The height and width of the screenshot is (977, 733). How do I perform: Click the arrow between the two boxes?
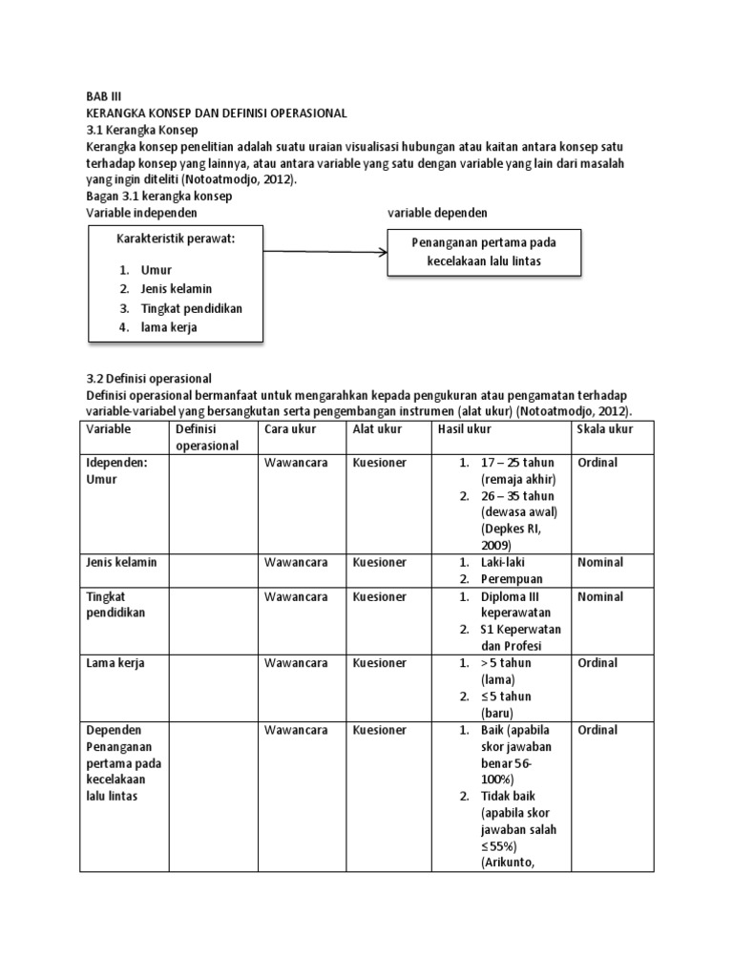(x=325, y=253)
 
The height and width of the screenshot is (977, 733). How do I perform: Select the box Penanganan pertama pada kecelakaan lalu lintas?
(x=483, y=252)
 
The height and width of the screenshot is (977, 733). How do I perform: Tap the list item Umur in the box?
(x=156, y=270)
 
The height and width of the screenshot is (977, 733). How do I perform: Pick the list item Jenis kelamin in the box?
(x=176, y=289)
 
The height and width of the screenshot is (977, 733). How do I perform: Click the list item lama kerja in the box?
(x=169, y=327)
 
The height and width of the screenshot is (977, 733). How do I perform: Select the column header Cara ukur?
(x=290, y=429)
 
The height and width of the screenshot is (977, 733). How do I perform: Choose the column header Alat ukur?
(x=377, y=429)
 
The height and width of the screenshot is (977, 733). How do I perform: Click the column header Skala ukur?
(x=605, y=429)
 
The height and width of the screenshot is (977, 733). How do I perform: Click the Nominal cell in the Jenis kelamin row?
(x=600, y=563)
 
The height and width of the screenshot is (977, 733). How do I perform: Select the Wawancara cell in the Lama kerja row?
(x=296, y=663)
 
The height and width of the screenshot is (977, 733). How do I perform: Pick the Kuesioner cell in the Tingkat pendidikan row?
(x=380, y=596)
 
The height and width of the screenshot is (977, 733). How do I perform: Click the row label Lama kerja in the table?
(x=115, y=663)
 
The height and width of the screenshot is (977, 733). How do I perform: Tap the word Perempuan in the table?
(x=513, y=579)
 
